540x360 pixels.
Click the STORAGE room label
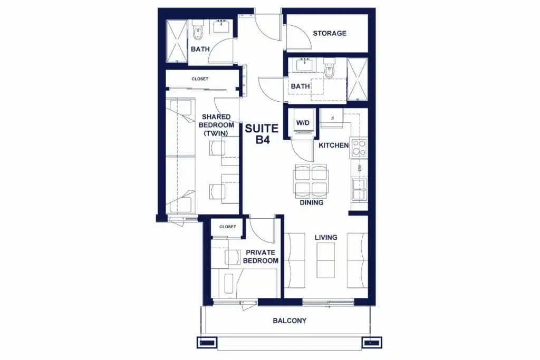coord(330,33)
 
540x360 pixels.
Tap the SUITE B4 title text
coord(262,134)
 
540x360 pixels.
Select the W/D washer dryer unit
coord(303,123)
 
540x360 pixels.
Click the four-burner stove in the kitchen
coord(359,148)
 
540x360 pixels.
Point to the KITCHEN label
coord(333,145)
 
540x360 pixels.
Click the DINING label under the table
coord(311,203)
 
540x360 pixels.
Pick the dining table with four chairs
coord(311,181)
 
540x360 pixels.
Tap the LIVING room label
coord(326,238)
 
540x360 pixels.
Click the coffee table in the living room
coord(325,260)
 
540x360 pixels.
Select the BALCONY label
coord(290,321)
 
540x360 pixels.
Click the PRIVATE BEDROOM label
coord(261,257)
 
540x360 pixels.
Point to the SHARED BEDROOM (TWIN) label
coord(216,125)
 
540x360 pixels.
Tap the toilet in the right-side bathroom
coord(330,68)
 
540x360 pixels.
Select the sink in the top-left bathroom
coord(221,26)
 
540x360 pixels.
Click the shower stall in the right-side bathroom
coord(358,80)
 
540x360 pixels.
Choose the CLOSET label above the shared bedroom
coord(200,79)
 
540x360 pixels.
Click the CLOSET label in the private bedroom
coord(228,227)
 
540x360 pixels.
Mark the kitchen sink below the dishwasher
coord(359,189)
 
